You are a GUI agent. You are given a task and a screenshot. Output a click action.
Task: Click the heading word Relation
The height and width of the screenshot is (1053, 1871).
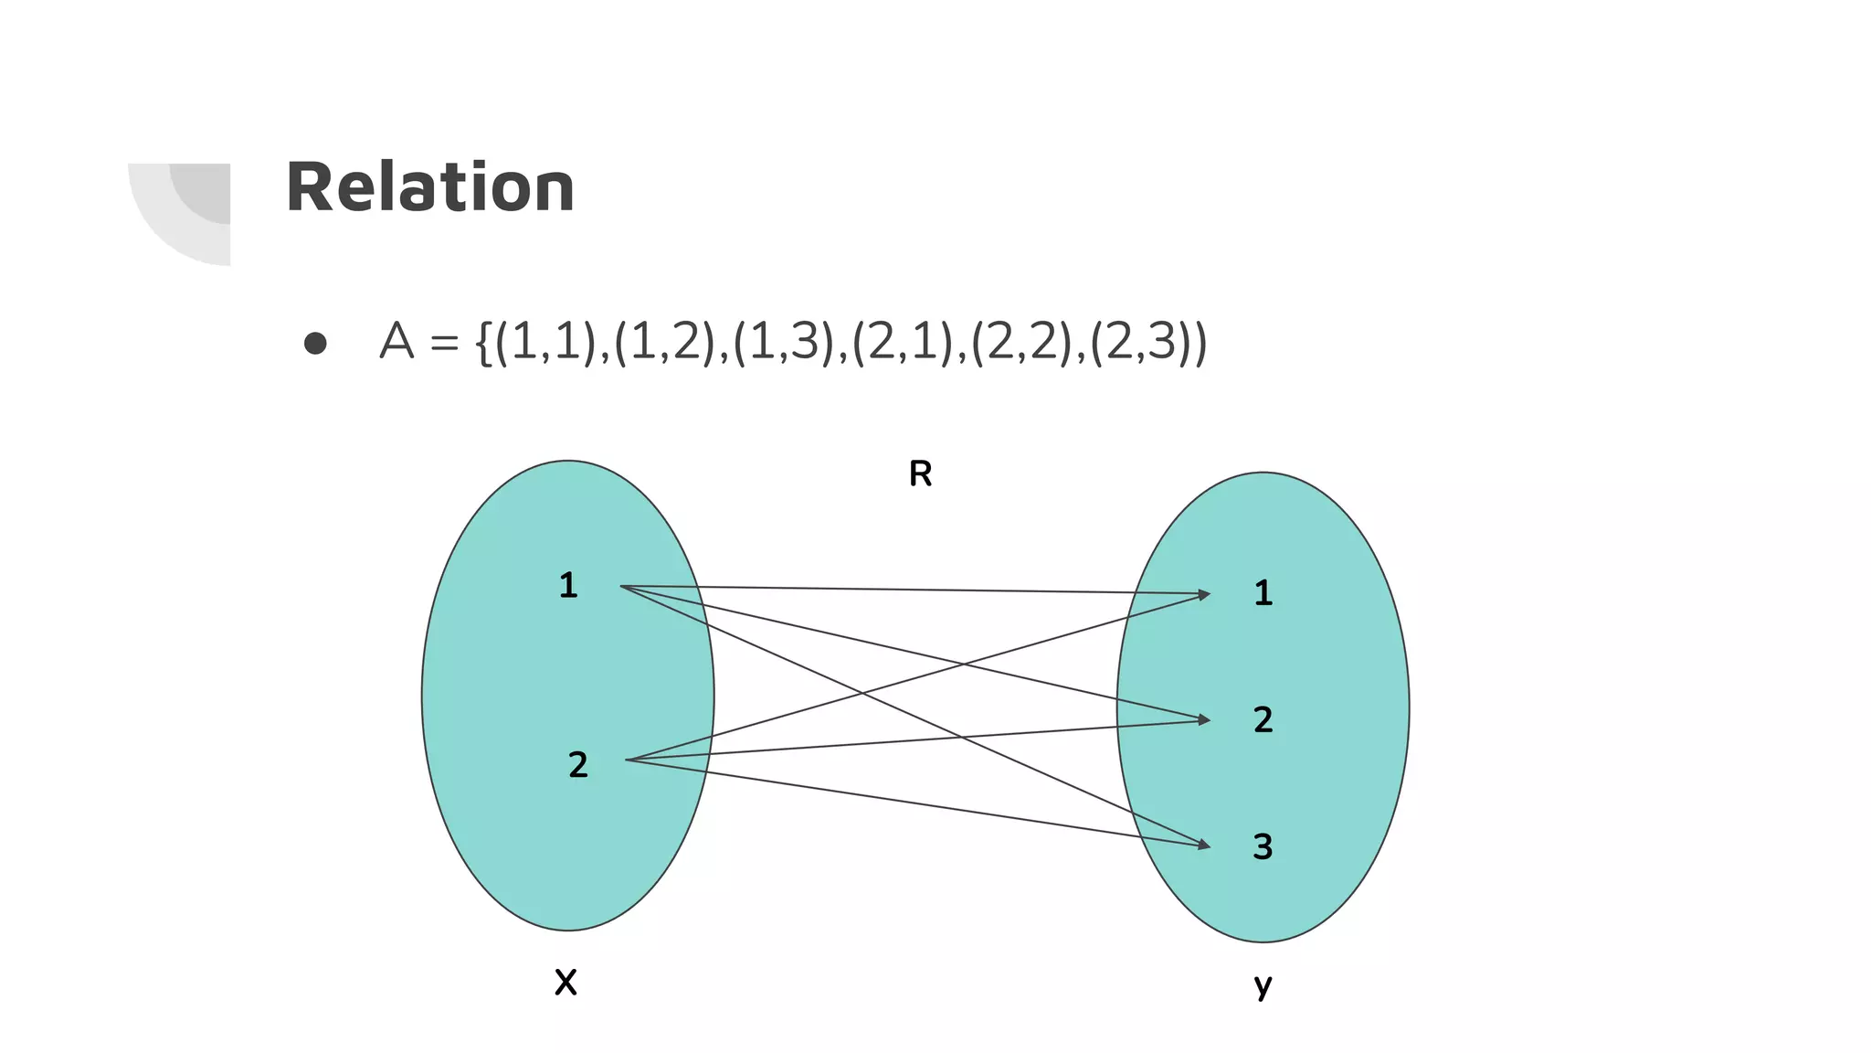pyautogui.click(x=429, y=187)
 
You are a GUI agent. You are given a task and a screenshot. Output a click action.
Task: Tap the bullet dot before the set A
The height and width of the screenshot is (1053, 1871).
pyautogui.click(x=315, y=343)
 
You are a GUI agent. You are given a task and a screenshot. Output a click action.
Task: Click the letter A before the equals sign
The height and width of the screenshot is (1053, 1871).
pyautogui.click(x=396, y=342)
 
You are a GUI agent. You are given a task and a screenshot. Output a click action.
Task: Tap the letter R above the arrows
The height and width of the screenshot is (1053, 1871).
pyautogui.click(x=920, y=473)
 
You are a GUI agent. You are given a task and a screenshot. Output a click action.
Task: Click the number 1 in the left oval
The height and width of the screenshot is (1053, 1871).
pyautogui.click(x=568, y=585)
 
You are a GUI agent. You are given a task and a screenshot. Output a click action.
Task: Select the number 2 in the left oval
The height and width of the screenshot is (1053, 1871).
pyautogui.click(x=577, y=764)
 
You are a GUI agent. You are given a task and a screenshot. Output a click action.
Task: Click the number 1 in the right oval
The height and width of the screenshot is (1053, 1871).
pyautogui.click(x=1263, y=593)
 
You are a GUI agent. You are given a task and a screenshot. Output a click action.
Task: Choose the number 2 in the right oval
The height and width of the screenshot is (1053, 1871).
pyautogui.click(x=1263, y=719)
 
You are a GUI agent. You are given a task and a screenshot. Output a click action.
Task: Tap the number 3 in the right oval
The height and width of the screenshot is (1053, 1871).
pyautogui.click(x=1263, y=846)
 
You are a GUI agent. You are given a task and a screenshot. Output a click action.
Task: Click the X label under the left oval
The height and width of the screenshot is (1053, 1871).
pyautogui.click(x=566, y=983)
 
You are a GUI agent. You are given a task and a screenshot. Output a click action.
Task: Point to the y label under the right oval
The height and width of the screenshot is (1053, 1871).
pyautogui.click(x=1263, y=985)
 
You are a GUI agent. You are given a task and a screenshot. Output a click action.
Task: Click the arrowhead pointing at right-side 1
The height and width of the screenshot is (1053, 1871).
pyautogui.click(x=1203, y=594)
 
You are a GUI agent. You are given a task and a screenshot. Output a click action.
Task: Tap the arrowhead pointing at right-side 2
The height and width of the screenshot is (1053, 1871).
pyautogui.click(x=1203, y=720)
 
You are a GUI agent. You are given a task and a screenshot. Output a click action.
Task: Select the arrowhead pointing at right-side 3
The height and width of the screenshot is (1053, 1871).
pyautogui.click(x=1203, y=846)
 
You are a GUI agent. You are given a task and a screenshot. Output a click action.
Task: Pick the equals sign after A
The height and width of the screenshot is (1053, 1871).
pyautogui.click(x=444, y=344)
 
